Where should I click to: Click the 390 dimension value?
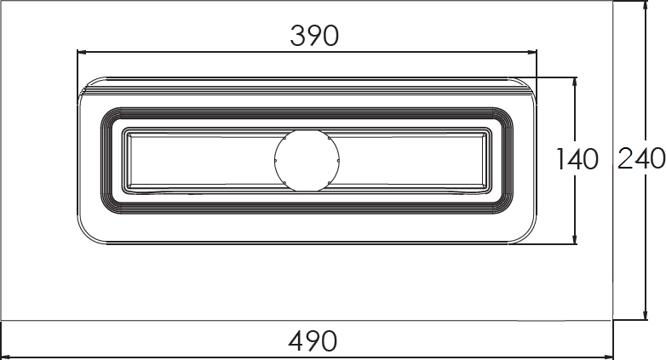314,36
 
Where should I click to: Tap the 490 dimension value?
313,341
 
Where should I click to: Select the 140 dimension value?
577,159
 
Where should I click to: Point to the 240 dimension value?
641,159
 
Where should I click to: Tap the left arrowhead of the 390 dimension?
82,52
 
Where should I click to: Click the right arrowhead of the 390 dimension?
531,52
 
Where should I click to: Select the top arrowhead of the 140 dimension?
575,83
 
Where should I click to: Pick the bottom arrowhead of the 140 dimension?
575,239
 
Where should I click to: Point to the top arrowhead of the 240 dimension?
646,5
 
